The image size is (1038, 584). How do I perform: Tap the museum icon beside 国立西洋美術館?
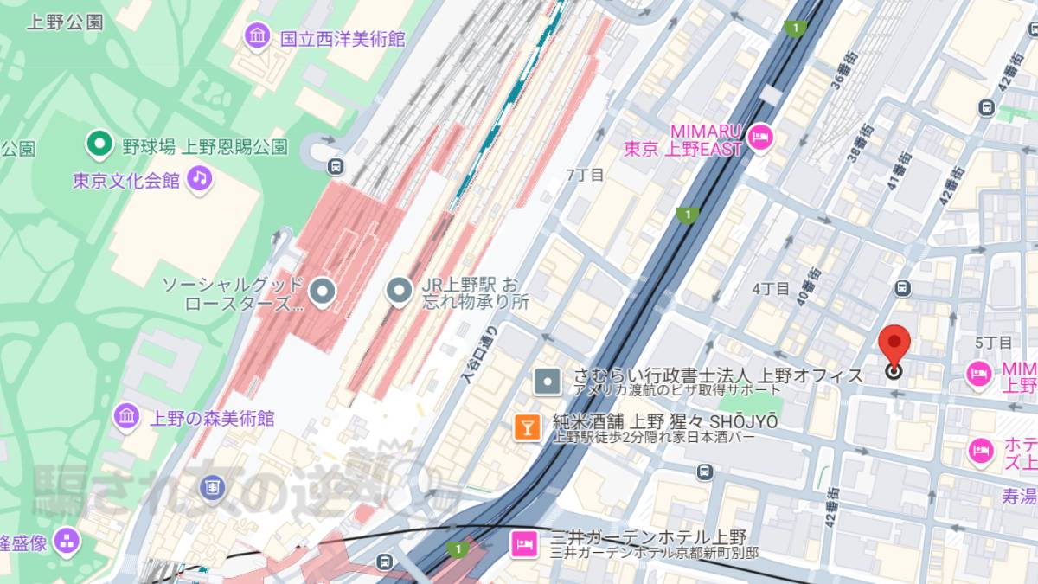point(257,36)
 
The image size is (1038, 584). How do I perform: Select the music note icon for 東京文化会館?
point(200,179)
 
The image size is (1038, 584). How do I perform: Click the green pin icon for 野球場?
point(99,144)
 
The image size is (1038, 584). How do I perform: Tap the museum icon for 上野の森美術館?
point(126,417)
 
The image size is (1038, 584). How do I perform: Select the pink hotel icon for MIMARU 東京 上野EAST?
point(759,136)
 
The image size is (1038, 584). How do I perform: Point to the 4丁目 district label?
point(771,288)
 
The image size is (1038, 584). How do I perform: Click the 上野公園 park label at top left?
point(65,22)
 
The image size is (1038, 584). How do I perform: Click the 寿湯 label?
point(1020,496)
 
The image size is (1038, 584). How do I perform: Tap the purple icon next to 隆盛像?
point(66,543)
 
